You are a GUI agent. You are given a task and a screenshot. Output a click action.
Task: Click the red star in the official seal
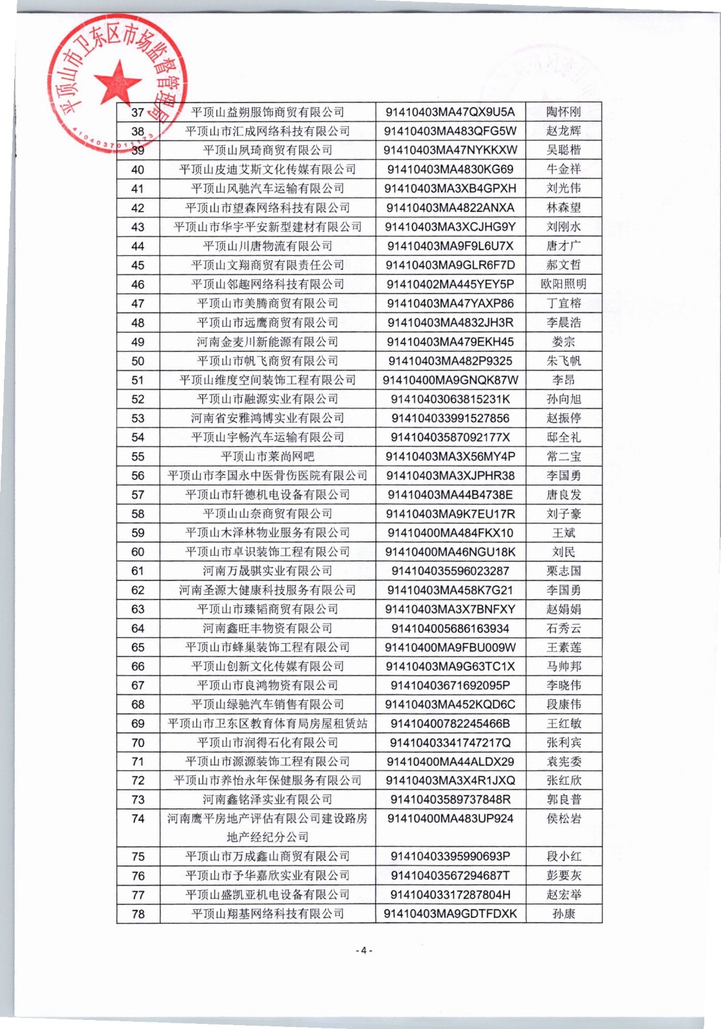point(118,82)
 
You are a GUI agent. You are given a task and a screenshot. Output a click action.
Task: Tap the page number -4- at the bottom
point(364,950)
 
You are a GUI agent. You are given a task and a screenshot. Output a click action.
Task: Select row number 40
point(138,170)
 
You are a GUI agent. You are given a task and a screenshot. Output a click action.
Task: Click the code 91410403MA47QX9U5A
point(450,112)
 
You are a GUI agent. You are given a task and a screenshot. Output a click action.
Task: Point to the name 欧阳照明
point(563,284)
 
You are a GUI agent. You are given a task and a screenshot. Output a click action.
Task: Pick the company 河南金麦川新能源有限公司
point(268,341)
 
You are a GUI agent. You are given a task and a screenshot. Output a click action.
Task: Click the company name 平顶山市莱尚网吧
point(268,457)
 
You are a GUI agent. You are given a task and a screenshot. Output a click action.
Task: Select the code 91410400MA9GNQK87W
point(450,380)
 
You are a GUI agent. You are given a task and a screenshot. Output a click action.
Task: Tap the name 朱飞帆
point(563,361)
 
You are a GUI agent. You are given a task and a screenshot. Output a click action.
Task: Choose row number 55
point(138,457)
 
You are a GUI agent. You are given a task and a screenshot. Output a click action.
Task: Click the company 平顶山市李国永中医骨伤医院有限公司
point(268,476)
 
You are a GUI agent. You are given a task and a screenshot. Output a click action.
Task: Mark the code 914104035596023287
point(450,571)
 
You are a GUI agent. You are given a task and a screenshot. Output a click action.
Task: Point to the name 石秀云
point(563,628)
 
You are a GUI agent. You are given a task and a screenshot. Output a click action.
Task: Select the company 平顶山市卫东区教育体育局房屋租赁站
point(268,724)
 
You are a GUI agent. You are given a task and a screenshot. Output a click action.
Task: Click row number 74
point(138,819)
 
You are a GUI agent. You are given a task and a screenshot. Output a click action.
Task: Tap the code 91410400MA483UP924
point(450,819)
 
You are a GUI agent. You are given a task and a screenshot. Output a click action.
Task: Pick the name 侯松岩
point(563,819)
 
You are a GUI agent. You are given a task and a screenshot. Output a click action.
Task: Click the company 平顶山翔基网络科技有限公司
point(268,914)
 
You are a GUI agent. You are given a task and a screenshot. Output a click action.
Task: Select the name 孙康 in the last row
point(563,914)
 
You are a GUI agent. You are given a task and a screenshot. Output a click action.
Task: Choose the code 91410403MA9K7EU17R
point(450,514)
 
